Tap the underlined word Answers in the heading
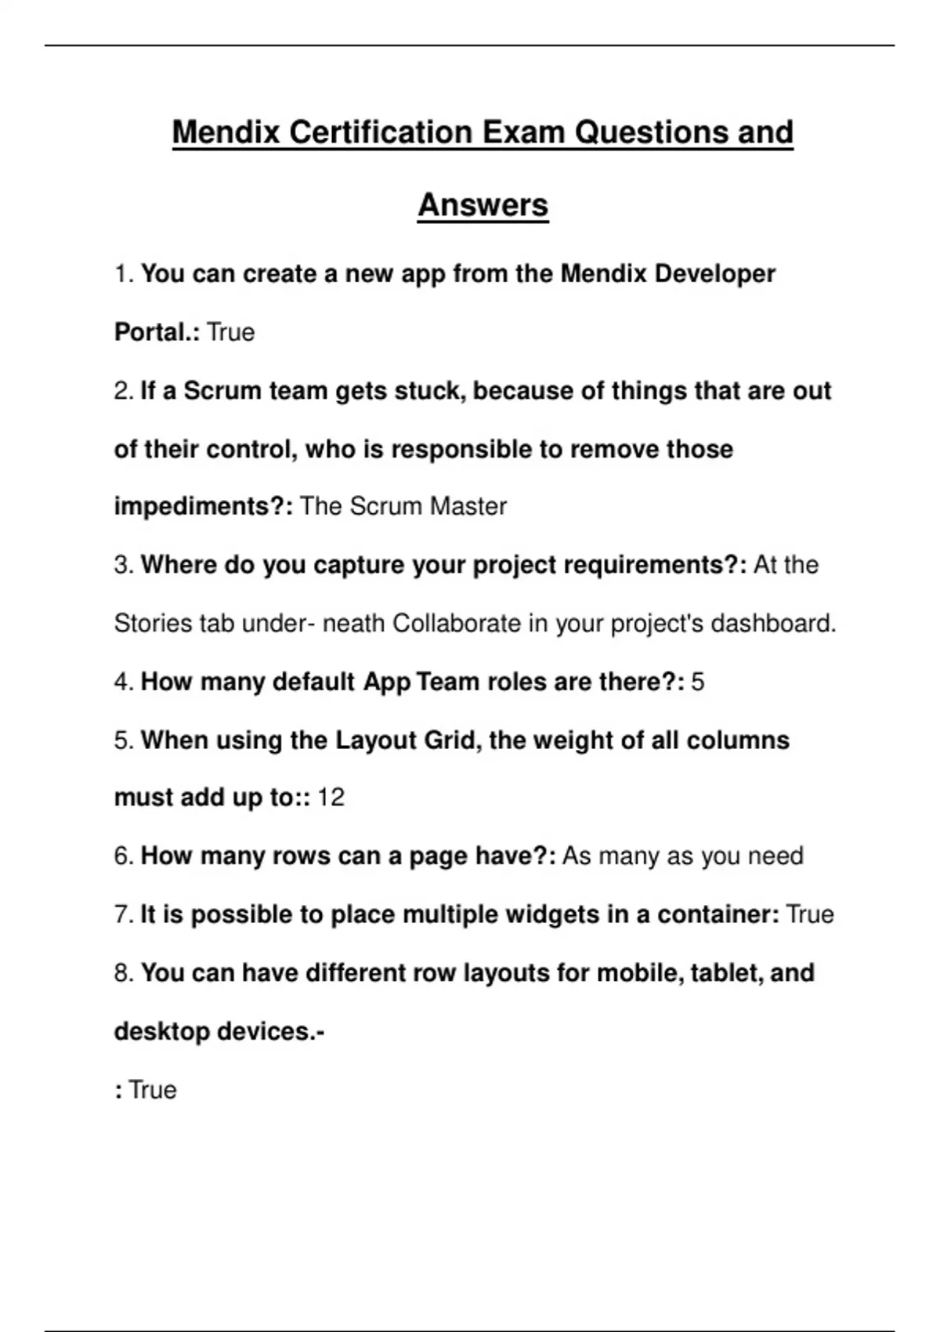[x=483, y=205]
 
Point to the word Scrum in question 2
[x=216, y=391]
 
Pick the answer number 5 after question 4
[x=697, y=682]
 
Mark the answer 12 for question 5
[x=331, y=798]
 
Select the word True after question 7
[x=809, y=914]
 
